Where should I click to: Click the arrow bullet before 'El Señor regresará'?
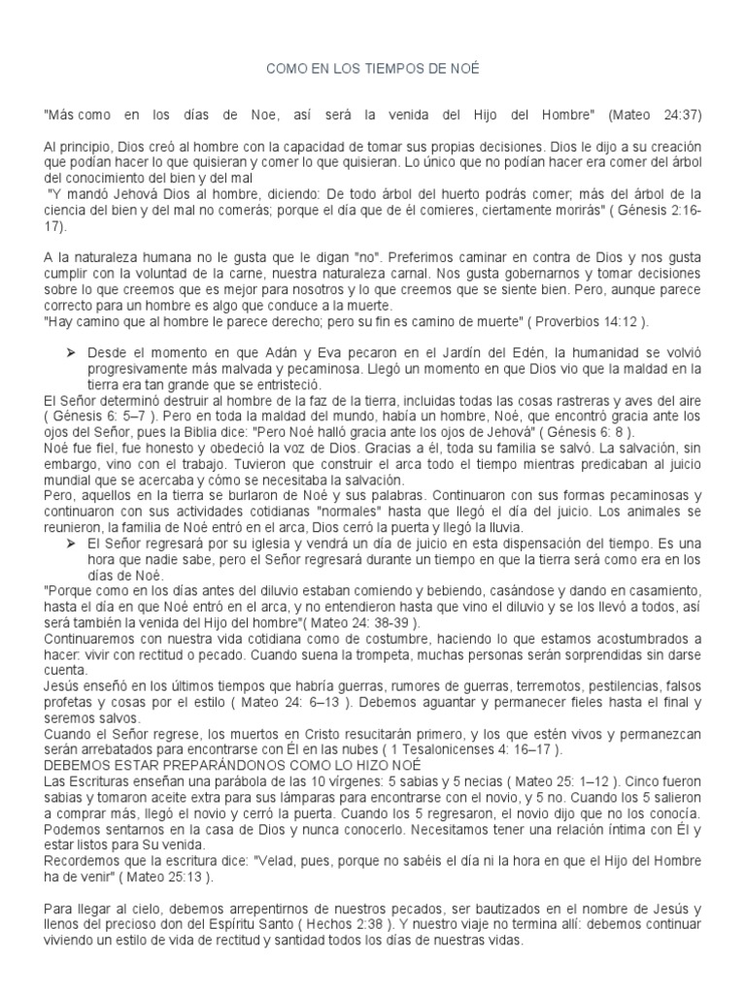[x=69, y=541]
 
